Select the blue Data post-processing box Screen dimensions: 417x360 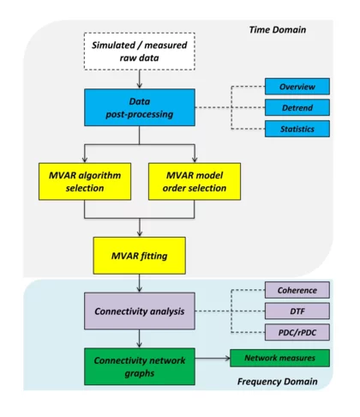139,106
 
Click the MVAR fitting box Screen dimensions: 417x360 139,254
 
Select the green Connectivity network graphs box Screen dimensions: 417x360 139,365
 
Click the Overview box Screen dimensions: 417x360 297,87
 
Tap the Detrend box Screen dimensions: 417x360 297,107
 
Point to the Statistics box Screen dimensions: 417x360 297,129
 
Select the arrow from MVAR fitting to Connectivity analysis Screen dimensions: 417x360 139,281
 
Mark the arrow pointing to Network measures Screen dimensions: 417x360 214,360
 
